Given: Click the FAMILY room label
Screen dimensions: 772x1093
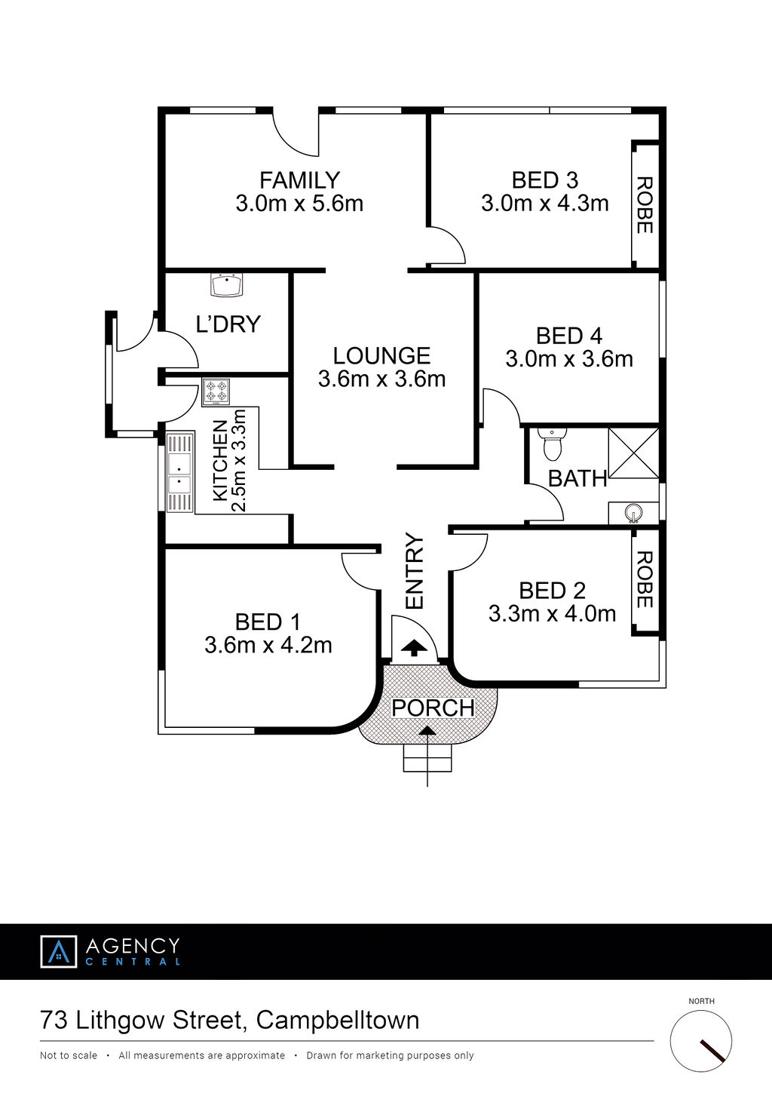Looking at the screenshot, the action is (x=299, y=180).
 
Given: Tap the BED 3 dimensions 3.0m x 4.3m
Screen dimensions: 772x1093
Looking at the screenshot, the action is (x=545, y=203).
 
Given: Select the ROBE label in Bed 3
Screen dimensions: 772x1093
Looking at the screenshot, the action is (x=645, y=205).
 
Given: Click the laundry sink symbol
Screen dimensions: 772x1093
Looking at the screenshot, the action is (x=227, y=284).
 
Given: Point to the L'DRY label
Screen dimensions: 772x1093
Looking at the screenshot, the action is (x=228, y=324).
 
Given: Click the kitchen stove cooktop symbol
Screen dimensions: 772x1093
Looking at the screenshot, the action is (x=216, y=392).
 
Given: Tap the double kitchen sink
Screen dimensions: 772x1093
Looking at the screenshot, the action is (x=180, y=473).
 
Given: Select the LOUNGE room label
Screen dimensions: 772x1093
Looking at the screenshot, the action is (x=382, y=356).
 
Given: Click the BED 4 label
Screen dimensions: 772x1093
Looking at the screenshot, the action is (x=569, y=336).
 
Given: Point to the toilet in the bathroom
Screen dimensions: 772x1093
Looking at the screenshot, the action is (x=552, y=444).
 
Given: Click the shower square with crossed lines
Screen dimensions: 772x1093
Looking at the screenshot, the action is (x=633, y=453).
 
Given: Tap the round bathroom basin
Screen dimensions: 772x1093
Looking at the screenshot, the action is (x=633, y=513).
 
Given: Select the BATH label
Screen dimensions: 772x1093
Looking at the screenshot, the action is (x=577, y=479).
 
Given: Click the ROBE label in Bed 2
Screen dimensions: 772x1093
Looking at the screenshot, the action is (x=645, y=579).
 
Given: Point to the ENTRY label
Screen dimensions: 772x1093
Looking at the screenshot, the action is (x=415, y=571).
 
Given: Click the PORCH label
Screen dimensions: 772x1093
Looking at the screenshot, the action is (x=433, y=708).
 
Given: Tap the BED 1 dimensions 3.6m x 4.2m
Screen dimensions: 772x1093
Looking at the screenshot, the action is (x=268, y=645).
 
